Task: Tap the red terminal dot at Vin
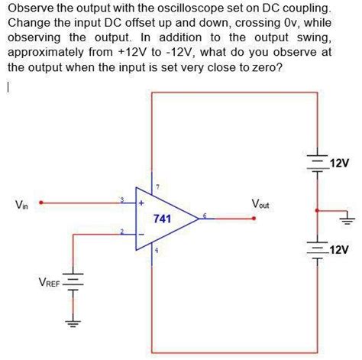(x=42, y=203)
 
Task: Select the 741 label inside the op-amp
(x=162, y=219)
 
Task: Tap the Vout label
(x=260, y=205)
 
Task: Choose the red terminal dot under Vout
(x=254, y=217)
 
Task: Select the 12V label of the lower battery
(x=339, y=250)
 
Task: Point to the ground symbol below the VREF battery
(x=74, y=321)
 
